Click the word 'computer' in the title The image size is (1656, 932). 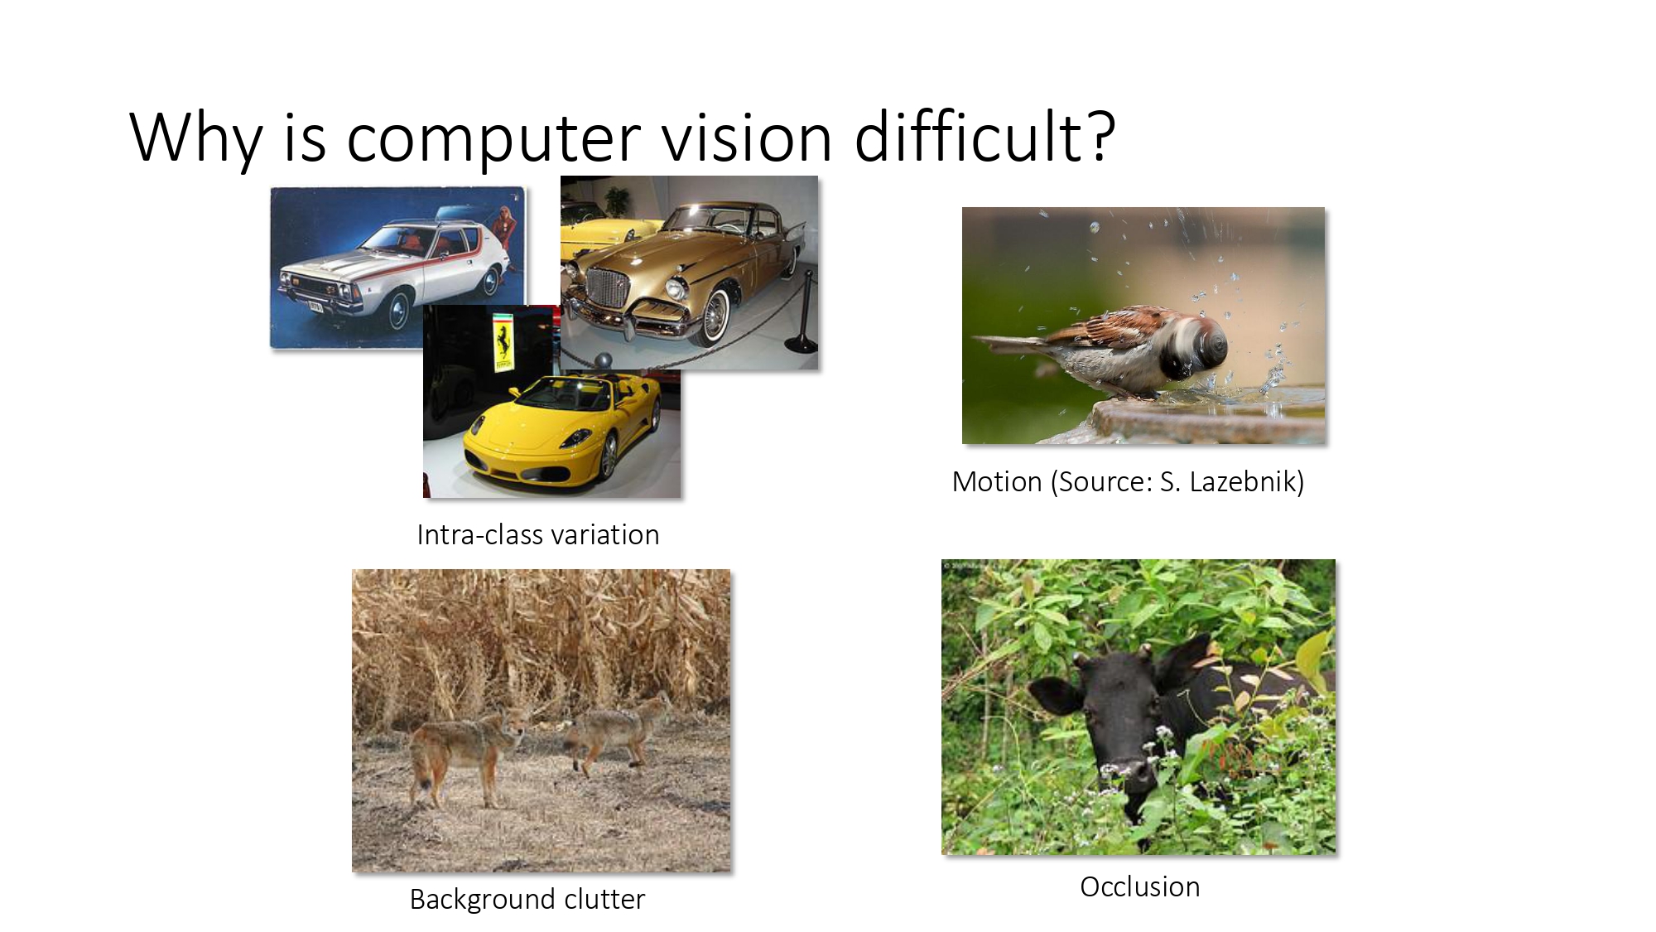tap(493, 138)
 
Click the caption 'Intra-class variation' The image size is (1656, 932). tap(538, 535)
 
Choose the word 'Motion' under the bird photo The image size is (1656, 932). tap(997, 481)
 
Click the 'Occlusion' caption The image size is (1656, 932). tap(1139, 886)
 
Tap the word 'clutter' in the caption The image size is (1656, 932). tap(604, 899)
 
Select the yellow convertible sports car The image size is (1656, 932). tap(563, 431)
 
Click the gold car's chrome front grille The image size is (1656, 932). tap(608, 289)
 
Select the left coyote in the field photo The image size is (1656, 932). tap(464, 750)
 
